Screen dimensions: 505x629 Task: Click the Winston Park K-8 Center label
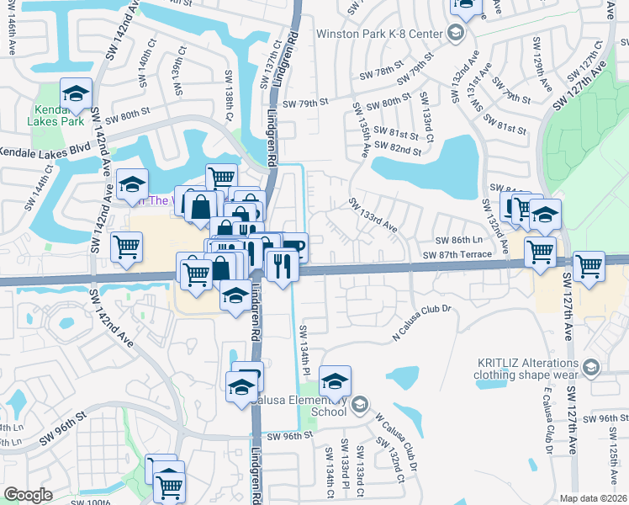pos(379,34)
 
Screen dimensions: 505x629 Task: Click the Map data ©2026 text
pos(594,498)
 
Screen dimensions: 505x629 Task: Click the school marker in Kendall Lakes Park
pos(76,94)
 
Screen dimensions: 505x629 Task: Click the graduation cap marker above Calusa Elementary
pos(335,381)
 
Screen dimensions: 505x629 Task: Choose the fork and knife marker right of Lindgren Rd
pos(282,265)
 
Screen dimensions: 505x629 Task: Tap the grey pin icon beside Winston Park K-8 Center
pos(456,34)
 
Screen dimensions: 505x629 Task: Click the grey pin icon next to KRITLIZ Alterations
pos(591,366)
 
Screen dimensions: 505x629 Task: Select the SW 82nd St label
pos(398,149)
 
